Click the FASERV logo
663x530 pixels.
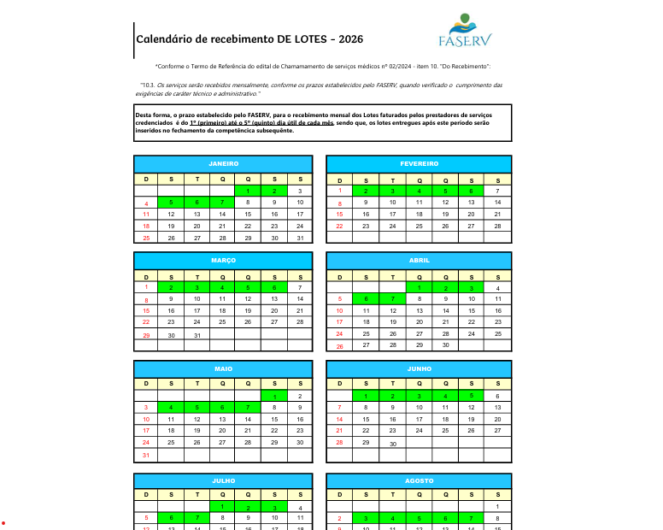[464, 31]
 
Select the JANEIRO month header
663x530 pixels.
[223, 163]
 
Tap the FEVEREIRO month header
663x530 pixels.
[419, 163]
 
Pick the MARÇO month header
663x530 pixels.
[223, 260]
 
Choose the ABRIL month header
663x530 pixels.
[419, 260]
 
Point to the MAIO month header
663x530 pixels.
[223, 368]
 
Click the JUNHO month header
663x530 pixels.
[419, 368]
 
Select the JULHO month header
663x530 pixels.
[223, 481]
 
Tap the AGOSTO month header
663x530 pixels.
[419, 481]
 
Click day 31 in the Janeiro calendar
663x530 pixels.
[300, 238]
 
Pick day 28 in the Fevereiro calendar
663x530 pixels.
[497, 226]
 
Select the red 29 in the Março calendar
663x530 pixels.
[146, 335]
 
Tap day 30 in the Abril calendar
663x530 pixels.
[445, 345]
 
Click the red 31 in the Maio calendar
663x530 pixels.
[146, 455]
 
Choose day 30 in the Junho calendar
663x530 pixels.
[393, 444]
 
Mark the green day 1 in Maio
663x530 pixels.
[274, 396]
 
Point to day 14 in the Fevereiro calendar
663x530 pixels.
[497, 203]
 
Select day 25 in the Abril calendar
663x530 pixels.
[497, 333]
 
